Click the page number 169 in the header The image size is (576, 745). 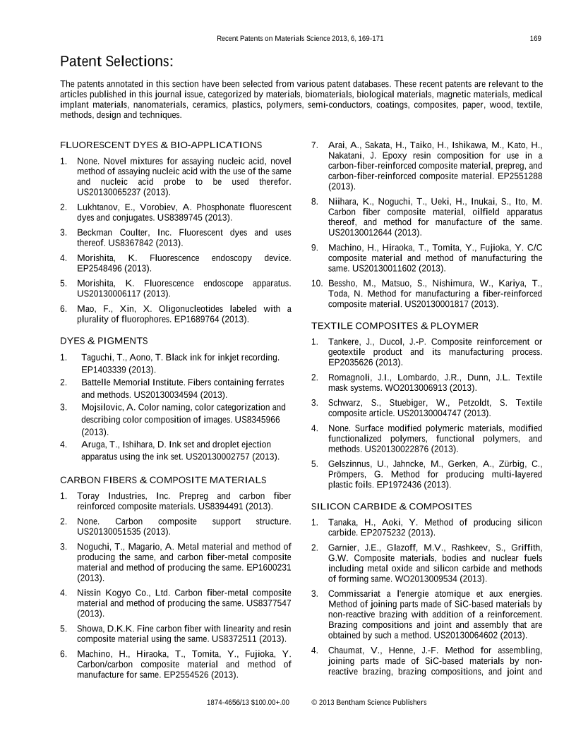(x=535, y=38)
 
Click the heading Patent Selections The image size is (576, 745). (x=116, y=61)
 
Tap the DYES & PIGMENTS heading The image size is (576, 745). (x=104, y=341)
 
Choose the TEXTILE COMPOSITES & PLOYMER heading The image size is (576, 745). (x=395, y=325)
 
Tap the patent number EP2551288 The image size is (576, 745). (x=517, y=176)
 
